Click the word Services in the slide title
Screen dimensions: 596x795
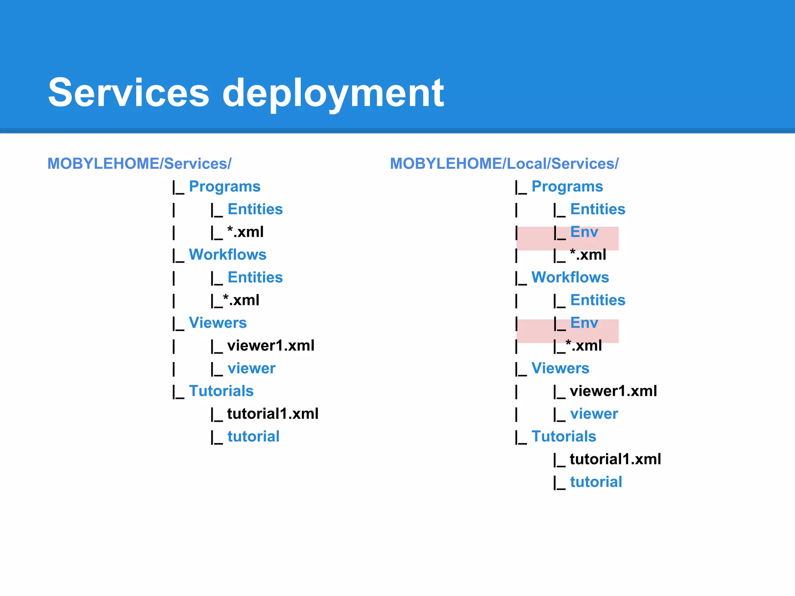(x=128, y=93)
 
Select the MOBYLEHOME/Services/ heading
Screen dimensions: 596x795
(x=139, y=164)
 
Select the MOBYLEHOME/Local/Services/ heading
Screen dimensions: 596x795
(x=504, y=164)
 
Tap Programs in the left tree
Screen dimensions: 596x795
(x=224, y=187)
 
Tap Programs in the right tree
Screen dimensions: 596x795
(x=567, y=187)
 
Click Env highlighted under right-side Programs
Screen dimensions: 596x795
(x=584, y=232)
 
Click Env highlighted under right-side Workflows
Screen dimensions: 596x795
(x=584, y=323)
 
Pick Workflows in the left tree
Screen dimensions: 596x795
(x=227, y=255)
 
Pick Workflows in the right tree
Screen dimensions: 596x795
(x=570, y=277)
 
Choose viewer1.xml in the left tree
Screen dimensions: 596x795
(x=271, y=346)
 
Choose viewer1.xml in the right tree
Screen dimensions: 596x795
(x=613, y=391)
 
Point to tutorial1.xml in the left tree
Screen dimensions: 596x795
(x=273, y=414)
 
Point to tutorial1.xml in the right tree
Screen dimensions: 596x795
(x=615, y=459)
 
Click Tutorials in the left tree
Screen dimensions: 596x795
(x=221, y=391)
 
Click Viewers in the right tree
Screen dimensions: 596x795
(x=560, y=369)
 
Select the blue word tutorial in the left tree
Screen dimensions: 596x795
(x=253, y=437)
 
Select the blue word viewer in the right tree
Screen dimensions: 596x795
(x=594, y=414)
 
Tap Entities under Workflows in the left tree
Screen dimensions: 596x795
(x=255, y=278)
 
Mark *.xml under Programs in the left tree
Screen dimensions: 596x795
(x=245, y=232)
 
